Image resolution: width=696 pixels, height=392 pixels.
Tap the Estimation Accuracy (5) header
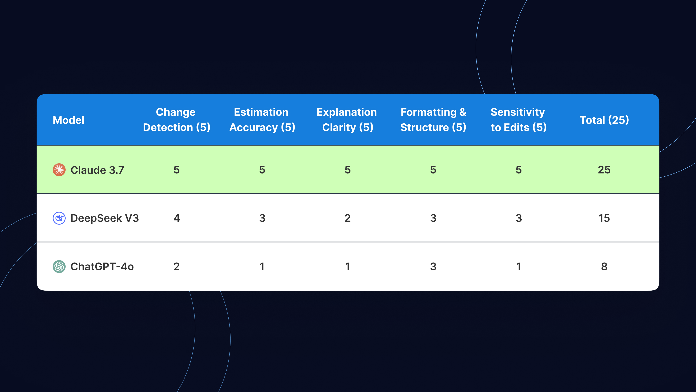tap(262, 120)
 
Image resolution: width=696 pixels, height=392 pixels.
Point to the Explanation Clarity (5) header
tap(347, 120)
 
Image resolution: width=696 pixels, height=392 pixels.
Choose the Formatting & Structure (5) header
tap(433, 120)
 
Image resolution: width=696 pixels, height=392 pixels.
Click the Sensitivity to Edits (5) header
tap(519, 120)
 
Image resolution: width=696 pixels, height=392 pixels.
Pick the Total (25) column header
tap(604, 120)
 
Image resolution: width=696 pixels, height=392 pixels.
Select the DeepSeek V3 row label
tap(105, 218)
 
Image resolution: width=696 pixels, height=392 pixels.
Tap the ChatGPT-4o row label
tap(102, 266)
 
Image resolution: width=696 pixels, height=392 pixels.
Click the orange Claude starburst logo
tap(59, 170)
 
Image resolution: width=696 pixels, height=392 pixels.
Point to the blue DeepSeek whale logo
tap(59, 218)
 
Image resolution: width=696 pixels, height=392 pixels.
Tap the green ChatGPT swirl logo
tap(59, 266)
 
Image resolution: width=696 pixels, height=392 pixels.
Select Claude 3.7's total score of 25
tap(604, 170)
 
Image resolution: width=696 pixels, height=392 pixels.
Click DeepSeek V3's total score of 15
tap(604, 218)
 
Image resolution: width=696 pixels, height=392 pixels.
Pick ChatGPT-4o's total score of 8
tap(604, 266)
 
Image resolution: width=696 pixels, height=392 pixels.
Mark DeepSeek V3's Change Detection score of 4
tap(177, 218)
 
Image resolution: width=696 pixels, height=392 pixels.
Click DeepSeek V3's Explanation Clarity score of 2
tap(347, 218)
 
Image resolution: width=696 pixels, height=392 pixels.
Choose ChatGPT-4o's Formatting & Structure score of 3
tap(433, 266)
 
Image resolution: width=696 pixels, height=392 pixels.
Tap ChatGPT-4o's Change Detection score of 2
tap(176, 266)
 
